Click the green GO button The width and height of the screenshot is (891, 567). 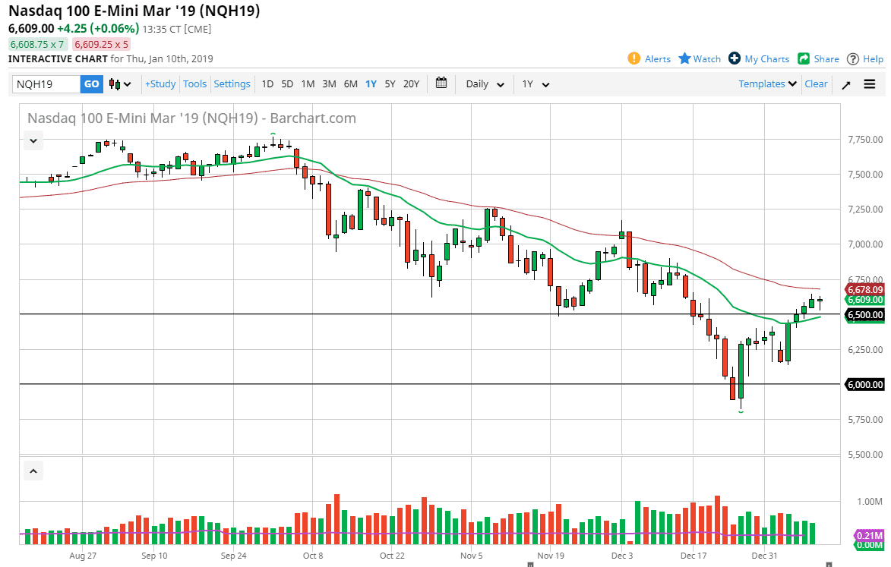pyautogui.click(x=91, y=84)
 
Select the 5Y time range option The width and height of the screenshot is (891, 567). pyautogui.click(x=390, y=84)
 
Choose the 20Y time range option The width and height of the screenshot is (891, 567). pyautogui.click(x=411, y=84)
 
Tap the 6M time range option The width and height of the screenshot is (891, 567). pyautogui.click(x=350, y=84)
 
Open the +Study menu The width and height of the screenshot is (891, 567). pyautogui.click(x=160, y=84)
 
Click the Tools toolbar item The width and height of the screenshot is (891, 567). pyautogui.click(x=194, y=84)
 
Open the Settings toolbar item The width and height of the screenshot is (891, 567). pyautogui.click(x=232, y=84)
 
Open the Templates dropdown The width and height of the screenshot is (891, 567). pyautogui.click(x=768, y=84)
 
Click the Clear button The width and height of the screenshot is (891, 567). pyautogui.click(x=816, y=84)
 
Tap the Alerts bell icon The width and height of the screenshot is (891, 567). pyautogui.click(x=634, y=58)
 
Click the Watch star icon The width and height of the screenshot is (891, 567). pyautogui.click(x=684, y=58)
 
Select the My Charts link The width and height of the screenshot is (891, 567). pyautogui.click(x=766, y=58)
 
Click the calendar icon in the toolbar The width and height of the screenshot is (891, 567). pyautogui.click(x=442, y=83)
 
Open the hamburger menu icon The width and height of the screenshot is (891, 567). pyautogui.click(x=870, y=84)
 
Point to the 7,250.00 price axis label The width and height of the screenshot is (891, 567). pyautogui.click(x=865, y=209)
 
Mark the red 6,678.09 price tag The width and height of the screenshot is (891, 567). pyautogui.click(x=865, y=289)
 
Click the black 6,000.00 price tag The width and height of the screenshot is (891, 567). pyautogui.click(x=865, y=385)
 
